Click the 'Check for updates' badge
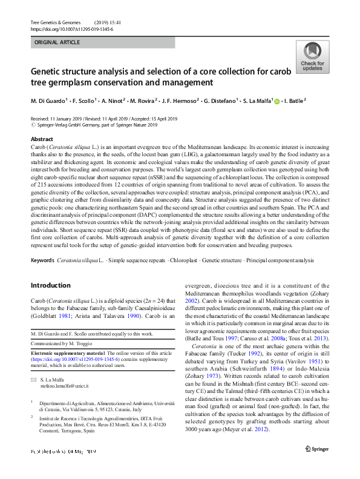click(x=312, y=58)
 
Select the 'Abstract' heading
click(x=42, y=139)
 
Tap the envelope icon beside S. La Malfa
click(x=33, y=378)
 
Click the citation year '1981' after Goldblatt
click(x=73, y=316)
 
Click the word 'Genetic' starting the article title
click(x=50, y=71)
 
